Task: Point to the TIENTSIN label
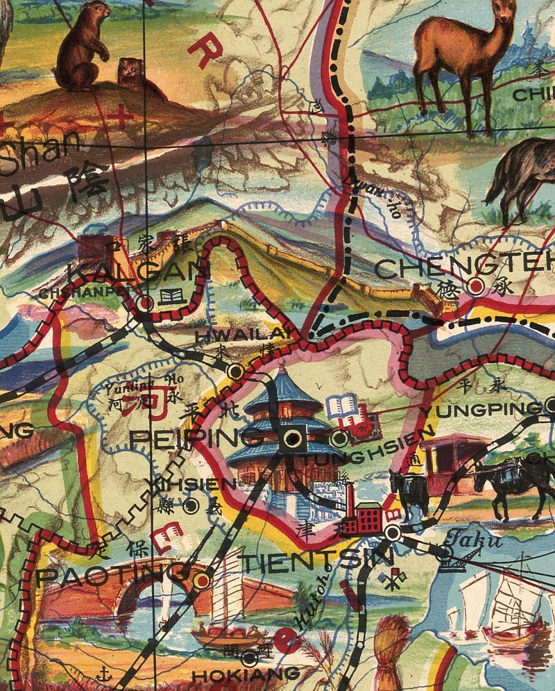click(316, 560)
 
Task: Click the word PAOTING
click(111, 576)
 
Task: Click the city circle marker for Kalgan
click(146, 303)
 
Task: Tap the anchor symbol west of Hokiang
click(103, 672)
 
